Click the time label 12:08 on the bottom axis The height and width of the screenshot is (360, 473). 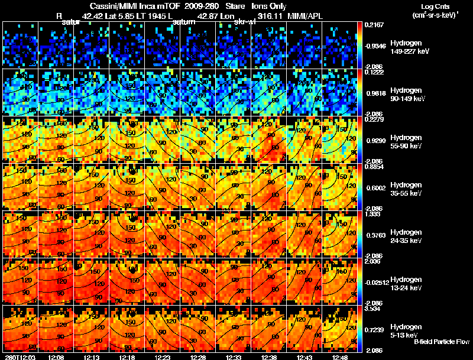pyautogui.click(x=56, y=356)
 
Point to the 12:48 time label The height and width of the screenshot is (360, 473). pyautogui.click(x=340, y=356)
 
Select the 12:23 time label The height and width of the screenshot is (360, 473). pyautogui.click(x=163, y=356)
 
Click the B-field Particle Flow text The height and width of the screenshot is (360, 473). pyautogui.click(x=442, y=342)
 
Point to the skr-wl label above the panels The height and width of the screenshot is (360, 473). pyautogui.click(x=245, y=22)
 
